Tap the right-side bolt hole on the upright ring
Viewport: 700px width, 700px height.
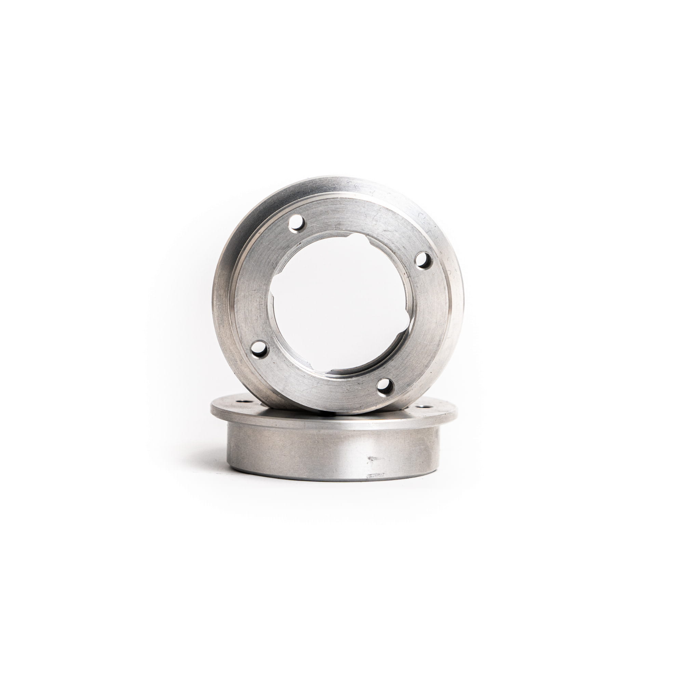(421, 260)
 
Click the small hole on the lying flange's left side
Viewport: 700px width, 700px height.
(242, 401)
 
